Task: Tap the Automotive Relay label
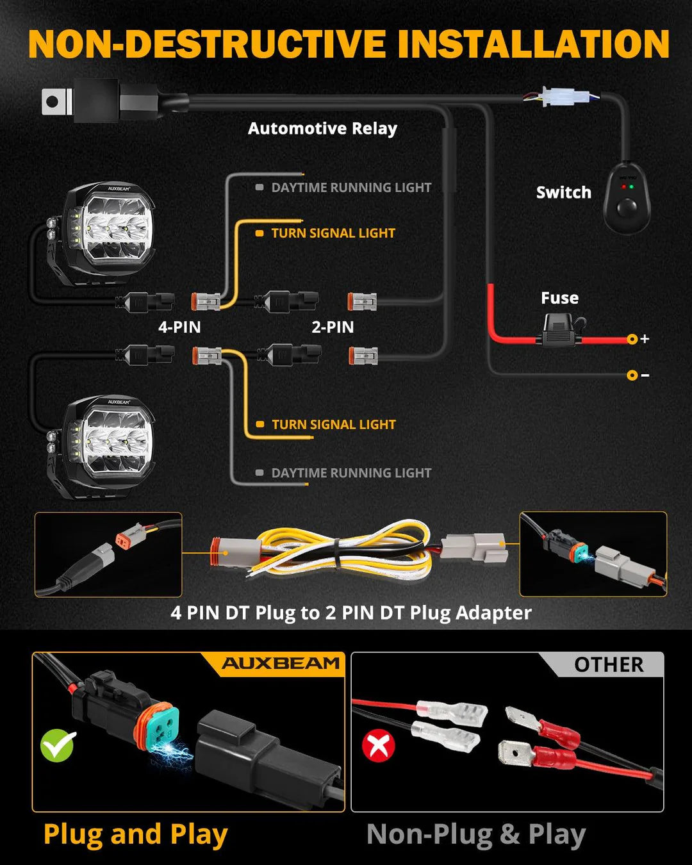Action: point(322,129)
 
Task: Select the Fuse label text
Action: point(559,298)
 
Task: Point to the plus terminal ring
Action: point(632,339)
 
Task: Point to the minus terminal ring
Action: point(632,375)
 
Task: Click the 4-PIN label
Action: point(179,327)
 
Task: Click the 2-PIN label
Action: point(333,327)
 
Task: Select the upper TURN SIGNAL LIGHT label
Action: point(333,233)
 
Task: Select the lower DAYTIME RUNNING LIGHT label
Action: point(350,473)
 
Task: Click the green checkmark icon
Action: point(58,745)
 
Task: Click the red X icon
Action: point(379,746)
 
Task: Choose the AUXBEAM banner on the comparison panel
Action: point(280,664)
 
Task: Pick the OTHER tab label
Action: point(608,665)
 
